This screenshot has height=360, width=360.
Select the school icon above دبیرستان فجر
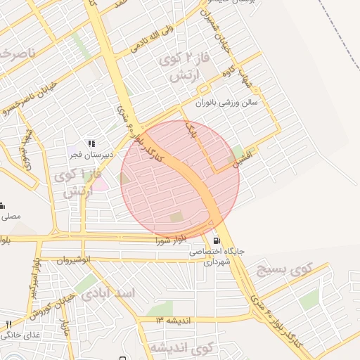point(91,143)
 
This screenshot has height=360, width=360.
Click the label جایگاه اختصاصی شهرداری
point(212,256)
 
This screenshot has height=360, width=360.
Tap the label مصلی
point(13,217)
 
